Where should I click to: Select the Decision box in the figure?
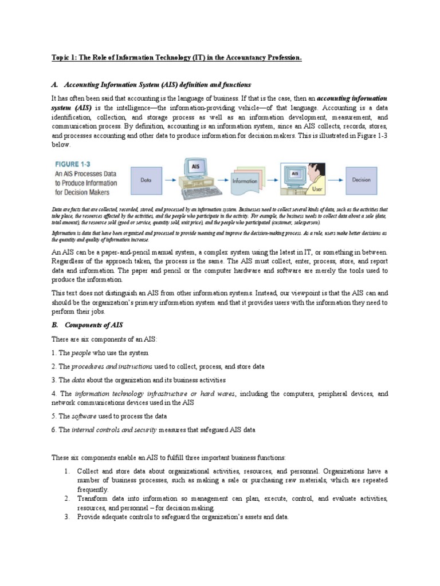coord(361,180)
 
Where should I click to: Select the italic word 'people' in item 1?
coord(81,353)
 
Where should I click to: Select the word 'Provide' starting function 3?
coord(91,517)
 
